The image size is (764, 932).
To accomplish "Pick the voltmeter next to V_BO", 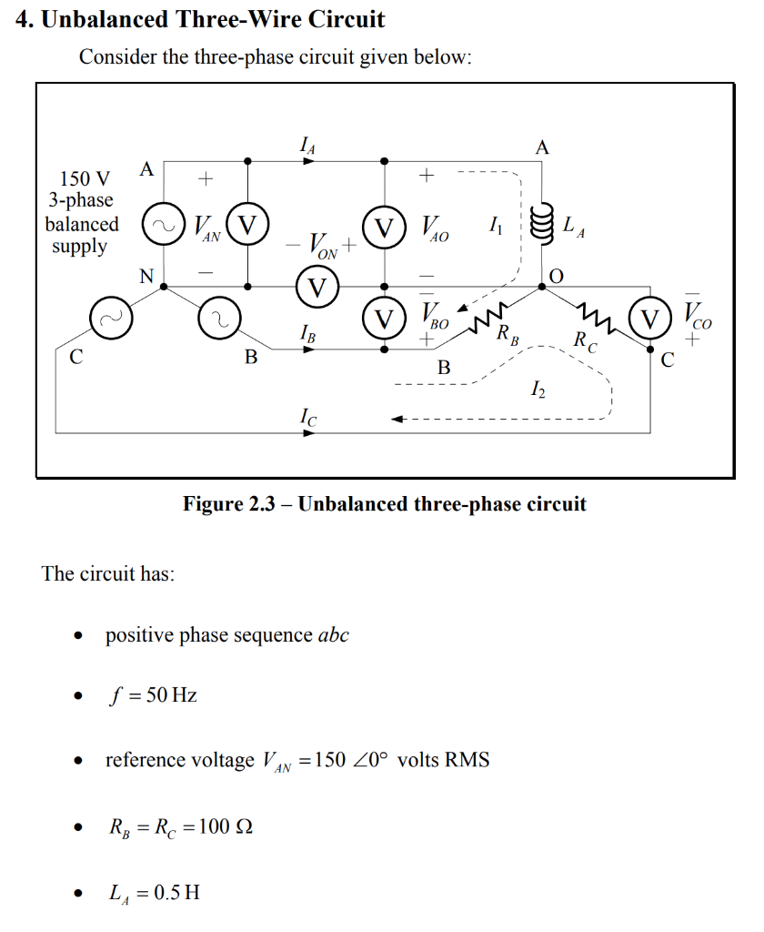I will tap(384, 319).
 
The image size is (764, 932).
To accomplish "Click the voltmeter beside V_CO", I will tap(650, 320).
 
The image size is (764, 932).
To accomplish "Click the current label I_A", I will tap(308, 144).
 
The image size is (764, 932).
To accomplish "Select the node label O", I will tap(556, 275).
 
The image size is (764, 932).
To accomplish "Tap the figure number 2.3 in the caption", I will tap(263, 503).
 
